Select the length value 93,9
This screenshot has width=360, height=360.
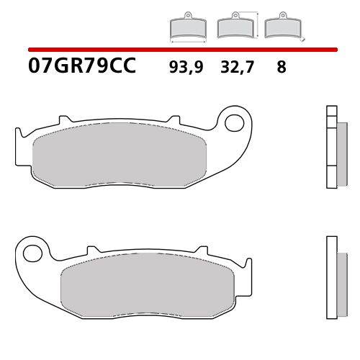pyautogui.click(x=185, y=68)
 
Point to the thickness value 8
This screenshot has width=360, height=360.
pyautogui.click(x=281, y=68)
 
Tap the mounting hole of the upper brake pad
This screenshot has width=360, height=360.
pyautogui.click(x=234, y=122)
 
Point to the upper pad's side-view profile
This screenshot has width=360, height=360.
pyautogui.click(x=332, y=147)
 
